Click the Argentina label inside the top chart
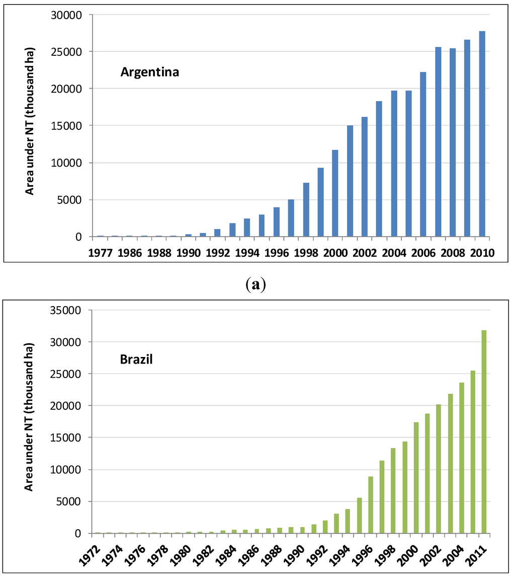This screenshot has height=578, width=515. click(x=150, y=72)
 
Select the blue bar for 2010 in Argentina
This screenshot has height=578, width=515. click(x=482, y=134)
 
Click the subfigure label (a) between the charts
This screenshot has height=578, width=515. click(x=257, y=285)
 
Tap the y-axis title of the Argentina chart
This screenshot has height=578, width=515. click(x=30, y=126)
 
